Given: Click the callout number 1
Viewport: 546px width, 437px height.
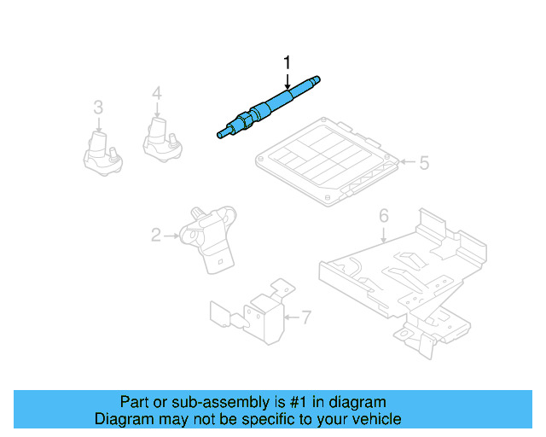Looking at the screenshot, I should [288, 61].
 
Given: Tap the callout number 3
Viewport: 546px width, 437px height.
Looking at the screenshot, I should [98, 108].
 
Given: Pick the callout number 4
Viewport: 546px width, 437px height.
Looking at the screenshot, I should [157, 93].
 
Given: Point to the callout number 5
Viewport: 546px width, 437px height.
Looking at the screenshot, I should [424, 162].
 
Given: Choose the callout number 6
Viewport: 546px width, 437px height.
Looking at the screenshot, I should [383, 215].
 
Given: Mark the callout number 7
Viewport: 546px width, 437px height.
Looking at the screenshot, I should [306, 318].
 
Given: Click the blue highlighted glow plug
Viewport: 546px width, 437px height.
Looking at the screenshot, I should [269, 107].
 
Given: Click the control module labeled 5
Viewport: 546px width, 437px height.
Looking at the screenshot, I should [328, 161].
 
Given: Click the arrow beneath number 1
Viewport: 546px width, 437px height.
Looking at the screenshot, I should [288, 80].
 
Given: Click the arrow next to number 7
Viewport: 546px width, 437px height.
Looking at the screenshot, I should [290, 318].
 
